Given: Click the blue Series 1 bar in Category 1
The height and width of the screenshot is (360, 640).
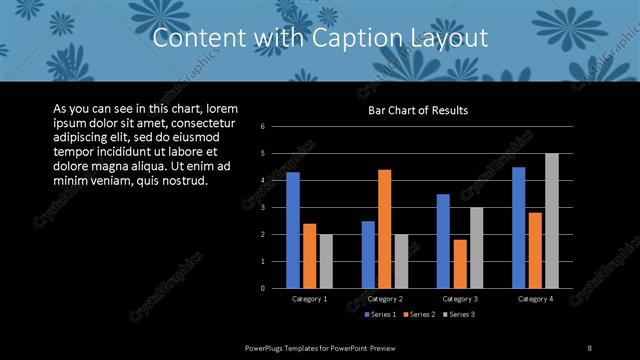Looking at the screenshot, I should click(293, 230).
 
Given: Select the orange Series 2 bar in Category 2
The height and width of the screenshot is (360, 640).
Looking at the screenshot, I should click(384, 229).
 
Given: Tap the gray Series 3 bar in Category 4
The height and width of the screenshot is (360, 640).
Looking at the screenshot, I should click(552, 221).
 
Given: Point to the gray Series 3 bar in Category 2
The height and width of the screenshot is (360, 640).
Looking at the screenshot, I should click(401, 261).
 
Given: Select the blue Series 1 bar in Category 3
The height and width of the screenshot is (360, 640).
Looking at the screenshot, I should click(443, 241).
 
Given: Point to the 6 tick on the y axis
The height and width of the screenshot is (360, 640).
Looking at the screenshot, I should click(261, 126).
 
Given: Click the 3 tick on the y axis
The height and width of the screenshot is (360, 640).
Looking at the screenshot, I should click(261, 207).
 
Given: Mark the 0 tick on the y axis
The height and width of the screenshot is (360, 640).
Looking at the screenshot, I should click(261, 288).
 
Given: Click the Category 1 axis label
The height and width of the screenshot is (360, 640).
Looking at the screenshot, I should click(309, 299).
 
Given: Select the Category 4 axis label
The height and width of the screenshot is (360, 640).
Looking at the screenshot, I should click(535, 299).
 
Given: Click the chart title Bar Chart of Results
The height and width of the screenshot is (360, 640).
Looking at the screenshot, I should click(418, 110).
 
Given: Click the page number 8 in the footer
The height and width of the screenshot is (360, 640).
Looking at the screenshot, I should click(590, 347).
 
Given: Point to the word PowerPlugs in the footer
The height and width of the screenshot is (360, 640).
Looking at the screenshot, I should click(265, 347).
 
